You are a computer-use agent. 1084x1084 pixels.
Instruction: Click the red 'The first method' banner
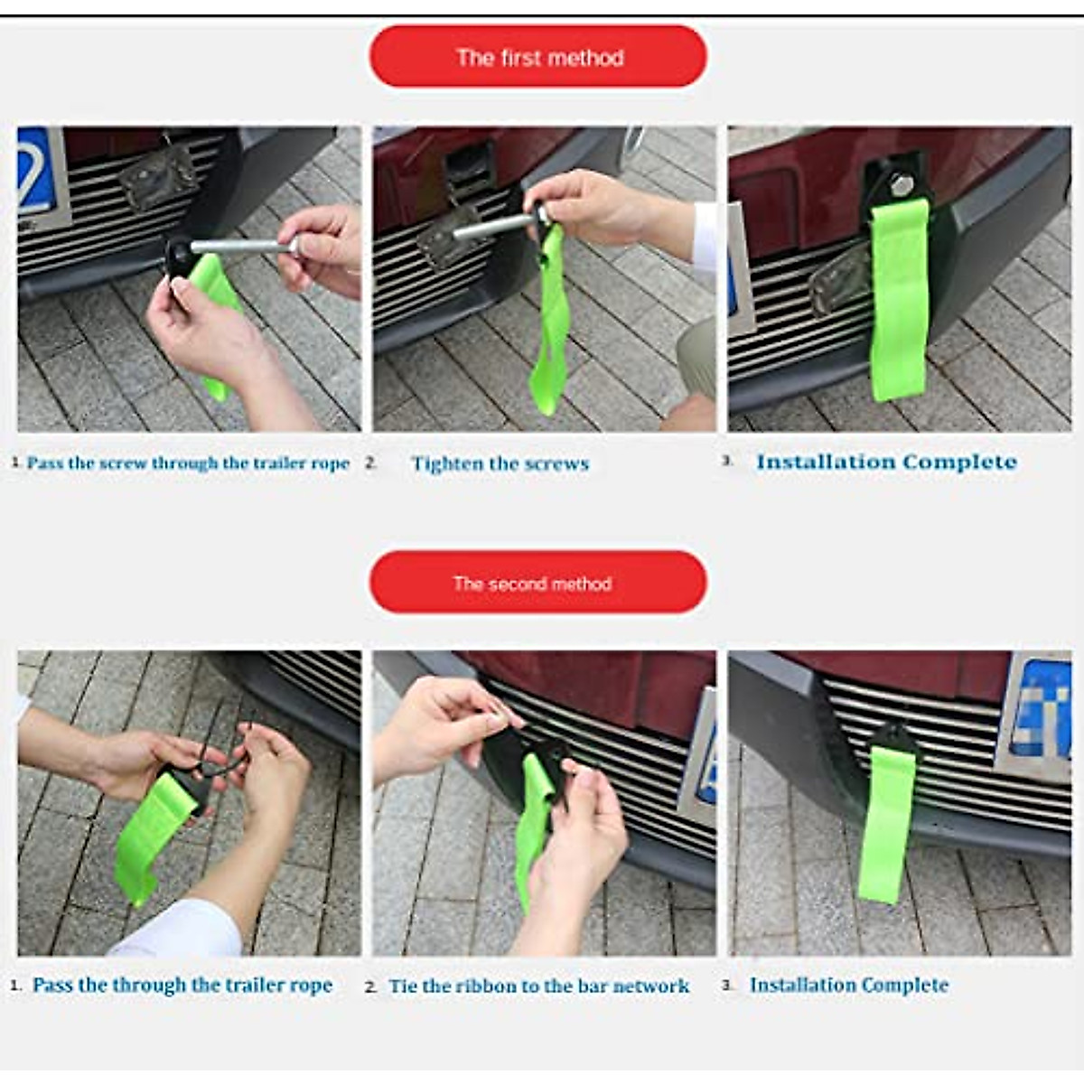point(538,57)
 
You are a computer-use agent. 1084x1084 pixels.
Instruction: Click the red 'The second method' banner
point(537,583)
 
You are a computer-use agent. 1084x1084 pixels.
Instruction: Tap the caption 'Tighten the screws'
point(500,463)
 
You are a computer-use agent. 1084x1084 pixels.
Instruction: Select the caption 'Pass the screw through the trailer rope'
point(188,463)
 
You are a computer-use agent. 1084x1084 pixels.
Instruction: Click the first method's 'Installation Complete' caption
point(886,462)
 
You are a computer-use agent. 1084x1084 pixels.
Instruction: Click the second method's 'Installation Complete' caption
point(848,985)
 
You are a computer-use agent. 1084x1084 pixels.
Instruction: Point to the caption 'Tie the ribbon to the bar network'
point(538,986)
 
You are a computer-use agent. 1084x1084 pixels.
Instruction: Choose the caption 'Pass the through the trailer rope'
point(182,985)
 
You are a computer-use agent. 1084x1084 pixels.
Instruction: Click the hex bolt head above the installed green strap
point(901,186)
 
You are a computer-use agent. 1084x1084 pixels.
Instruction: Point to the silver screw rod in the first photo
point(239,246)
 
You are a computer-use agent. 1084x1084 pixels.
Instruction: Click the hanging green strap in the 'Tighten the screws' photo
point(551,325)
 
